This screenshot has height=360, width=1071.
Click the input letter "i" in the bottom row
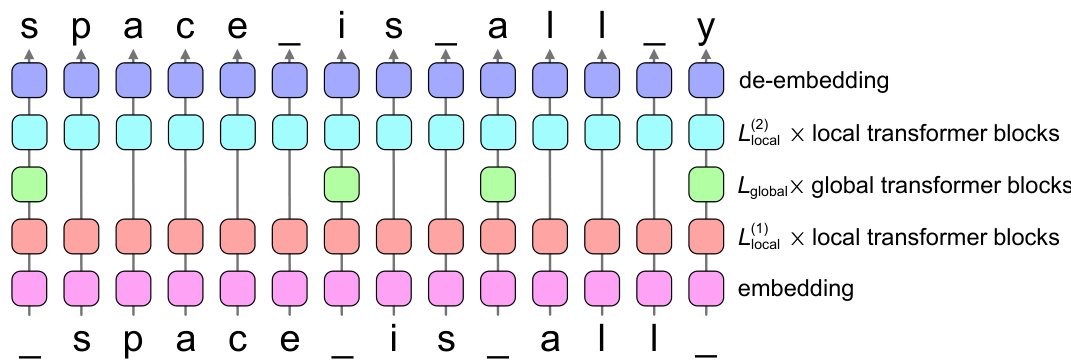[x=393, y=339]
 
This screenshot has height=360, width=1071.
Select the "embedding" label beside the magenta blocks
[x=795, y=290]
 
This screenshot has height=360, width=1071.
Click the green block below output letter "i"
[x=341, y=184]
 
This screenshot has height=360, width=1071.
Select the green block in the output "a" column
[x=497, y=184]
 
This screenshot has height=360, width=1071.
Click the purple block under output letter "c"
[x=185, y=79]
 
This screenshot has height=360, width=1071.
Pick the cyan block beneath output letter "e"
[x=237, y=131]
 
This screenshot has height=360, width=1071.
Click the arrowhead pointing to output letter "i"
[x=341, y=52]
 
